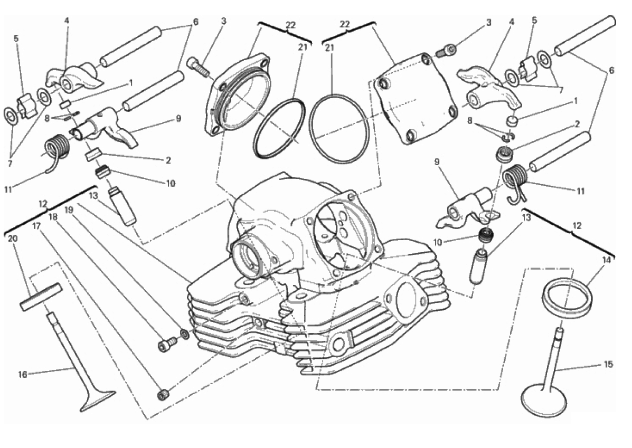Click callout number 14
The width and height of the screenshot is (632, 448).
click(606, 260)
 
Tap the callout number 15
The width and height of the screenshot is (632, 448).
click(608, 365)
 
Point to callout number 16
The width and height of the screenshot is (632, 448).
click(22, 374)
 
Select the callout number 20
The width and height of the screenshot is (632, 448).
click(13, 238)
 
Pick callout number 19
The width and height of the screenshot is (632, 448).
click(68, 209)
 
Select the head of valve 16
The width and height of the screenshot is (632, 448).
click(98, 400)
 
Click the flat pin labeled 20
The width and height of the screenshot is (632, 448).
click(41, 297)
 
